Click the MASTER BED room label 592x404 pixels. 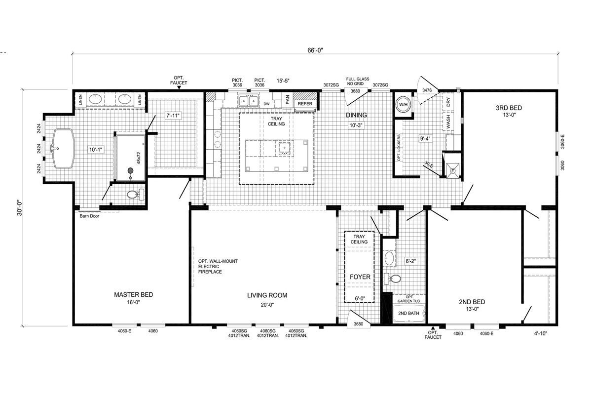[x=134, y=294]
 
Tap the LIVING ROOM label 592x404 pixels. [x=267, y=295]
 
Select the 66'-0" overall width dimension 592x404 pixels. [x=315, y=50]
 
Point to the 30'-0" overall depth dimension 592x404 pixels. [x=20, y=208]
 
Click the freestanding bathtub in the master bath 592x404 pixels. [x=64, y=149]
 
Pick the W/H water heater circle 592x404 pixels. [x=404, y=105]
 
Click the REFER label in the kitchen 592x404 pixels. [x=305, y=104]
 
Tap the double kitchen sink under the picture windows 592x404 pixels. [x=249, y=101]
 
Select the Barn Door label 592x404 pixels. [x=89, y=216]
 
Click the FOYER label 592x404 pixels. [x=360, y=277]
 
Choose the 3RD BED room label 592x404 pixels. [x=509, y=108]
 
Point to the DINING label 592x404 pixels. [x=357, y=115]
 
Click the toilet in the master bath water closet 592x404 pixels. [x=135, y=195]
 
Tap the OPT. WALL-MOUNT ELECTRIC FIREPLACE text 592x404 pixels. [x=218, y=266]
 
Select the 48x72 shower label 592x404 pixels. [x=139, y=158]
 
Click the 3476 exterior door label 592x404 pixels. [x=427, y=90]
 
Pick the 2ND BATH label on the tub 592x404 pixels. [x=408, y=313]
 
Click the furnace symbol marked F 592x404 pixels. [x=453, y=171]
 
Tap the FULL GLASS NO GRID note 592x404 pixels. [x=358, y=81]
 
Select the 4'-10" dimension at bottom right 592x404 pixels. [x=541, y=334]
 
